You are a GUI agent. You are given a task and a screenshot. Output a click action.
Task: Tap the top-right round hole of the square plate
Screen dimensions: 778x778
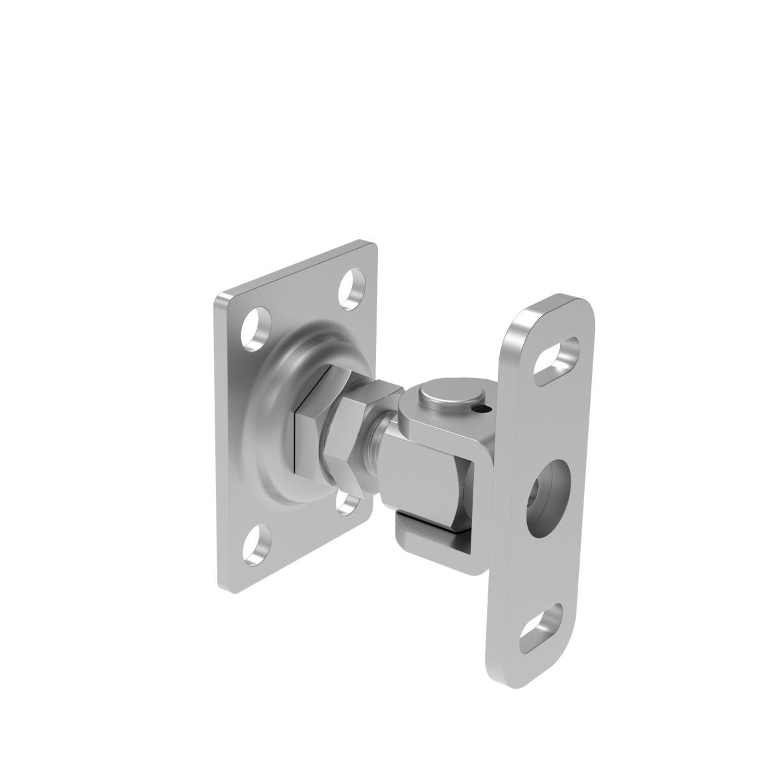point(355,289)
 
